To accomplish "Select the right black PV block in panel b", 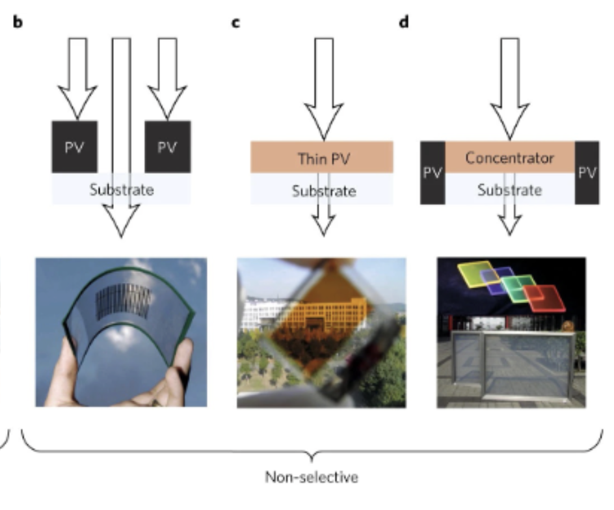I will point(167,146).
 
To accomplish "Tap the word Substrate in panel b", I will point(121,190).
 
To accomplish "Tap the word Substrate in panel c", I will point(323,191).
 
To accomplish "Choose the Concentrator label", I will point(509,157).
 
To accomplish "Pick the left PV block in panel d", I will point(432,173).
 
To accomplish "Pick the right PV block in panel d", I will point(587,173).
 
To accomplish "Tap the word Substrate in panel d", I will point(509,190).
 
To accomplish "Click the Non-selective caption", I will point(312,477).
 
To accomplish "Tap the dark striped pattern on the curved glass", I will point(124,300).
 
